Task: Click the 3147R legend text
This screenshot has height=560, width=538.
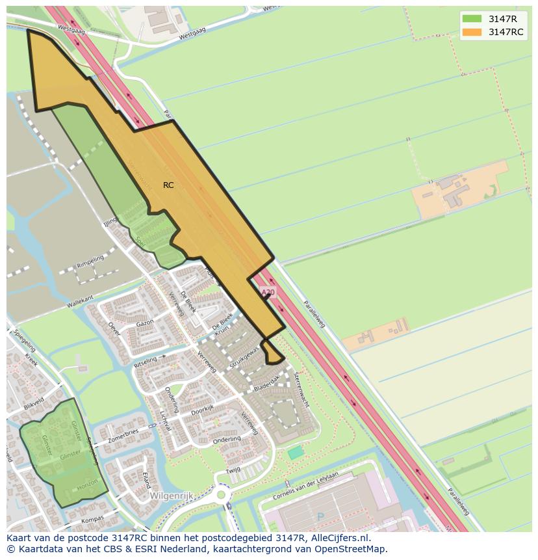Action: click(x=502, y=19)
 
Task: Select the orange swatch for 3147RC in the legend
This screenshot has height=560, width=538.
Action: click(x=472, y=32)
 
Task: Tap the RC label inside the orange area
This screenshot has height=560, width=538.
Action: click(x=168, y=185)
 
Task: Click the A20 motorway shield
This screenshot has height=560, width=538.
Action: click(x=267, y=293)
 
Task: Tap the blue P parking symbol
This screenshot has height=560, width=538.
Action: click(x=319, y=518)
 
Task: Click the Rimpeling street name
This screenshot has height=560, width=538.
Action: click(x=90, y=261)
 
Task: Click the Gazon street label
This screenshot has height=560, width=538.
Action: click(x=144, y=323)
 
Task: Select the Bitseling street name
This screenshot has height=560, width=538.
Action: click(x=145, y=362)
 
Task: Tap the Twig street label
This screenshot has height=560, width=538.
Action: click(x=233, y=470)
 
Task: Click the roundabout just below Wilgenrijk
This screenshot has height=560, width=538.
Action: click(x=222, y=495)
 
